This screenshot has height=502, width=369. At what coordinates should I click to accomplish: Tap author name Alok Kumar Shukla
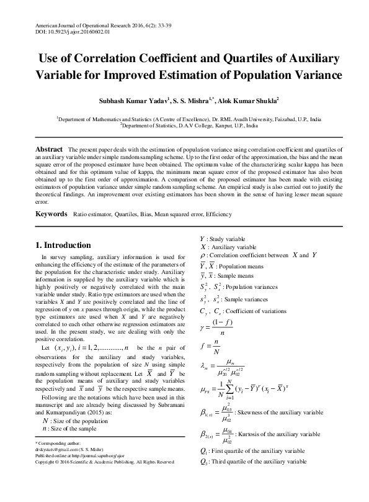tap(250, 99)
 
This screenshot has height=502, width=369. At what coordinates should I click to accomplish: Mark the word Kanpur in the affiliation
tap(220, 124)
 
